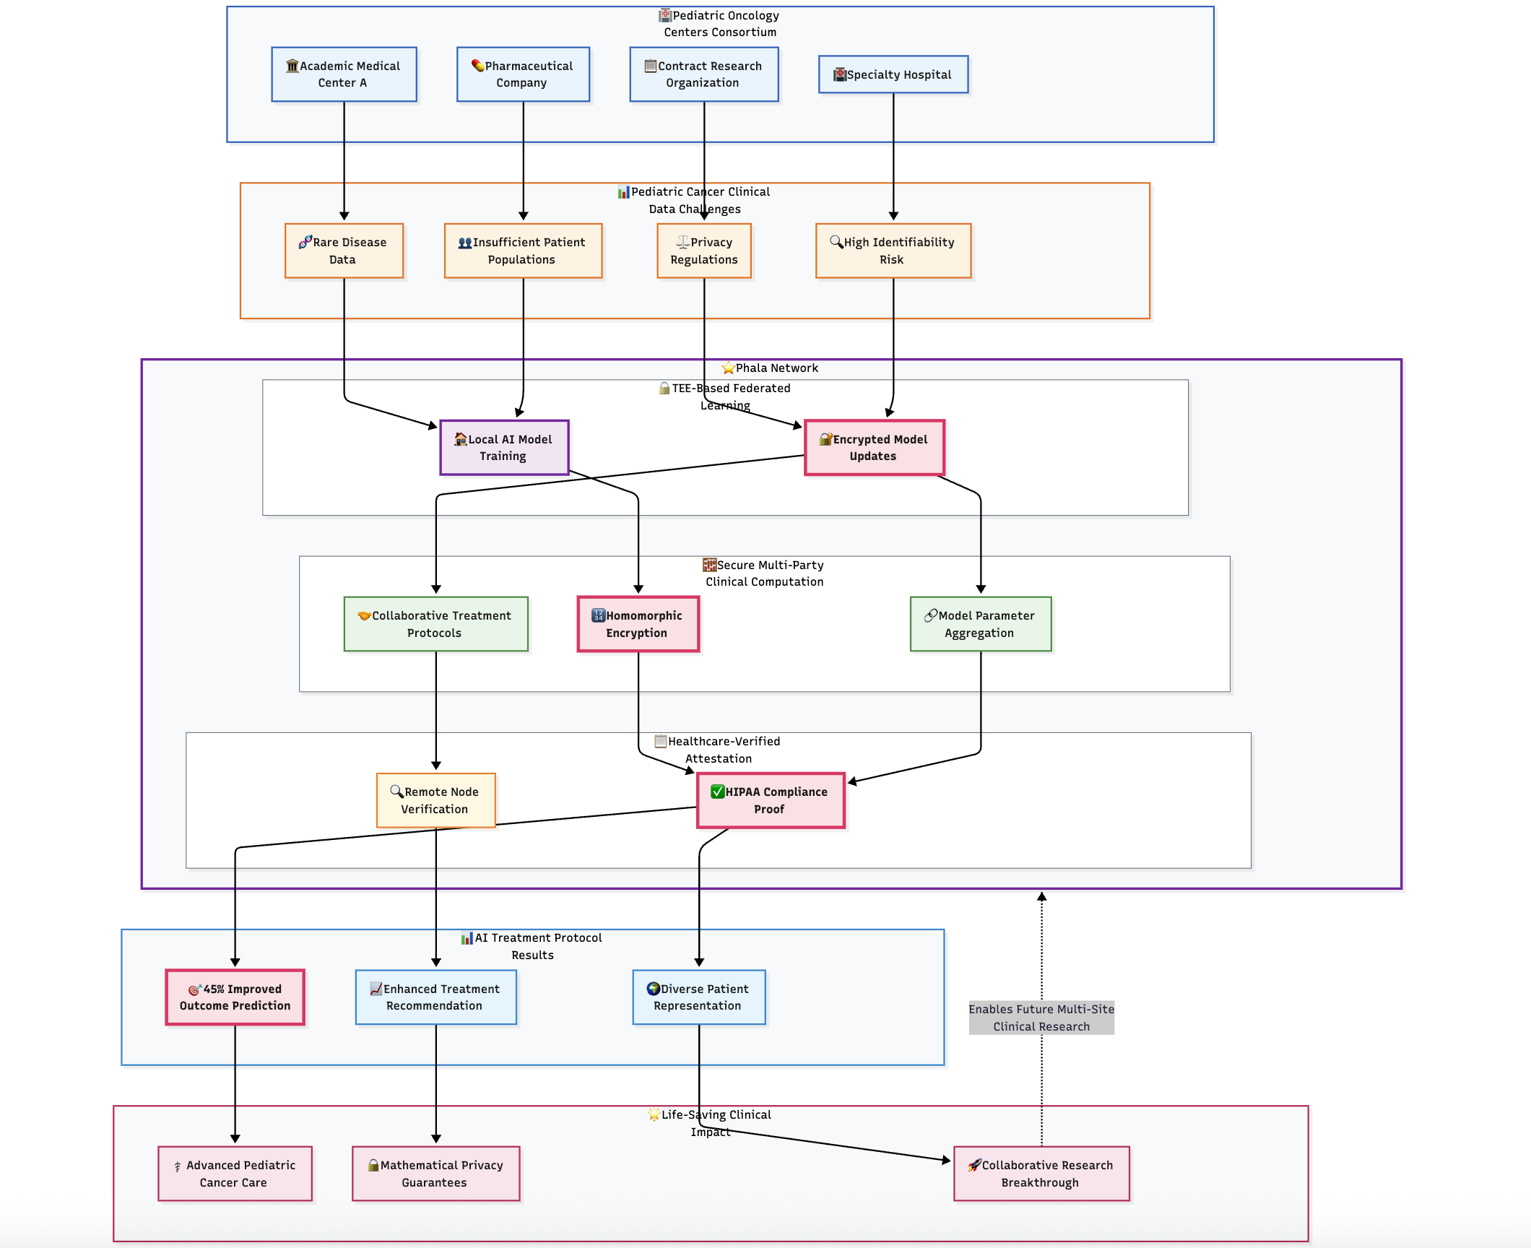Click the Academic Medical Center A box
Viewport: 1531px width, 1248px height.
click(344, 74)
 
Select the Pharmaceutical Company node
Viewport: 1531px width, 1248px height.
click(523, 74)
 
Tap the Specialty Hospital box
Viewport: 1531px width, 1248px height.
click(893, 74)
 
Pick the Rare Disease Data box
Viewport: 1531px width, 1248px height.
click(344, 251)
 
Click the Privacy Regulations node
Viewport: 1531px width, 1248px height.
click(704, 251)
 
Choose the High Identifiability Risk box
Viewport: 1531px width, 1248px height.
click(893, 251)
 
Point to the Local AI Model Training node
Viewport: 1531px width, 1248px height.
click(504, 448)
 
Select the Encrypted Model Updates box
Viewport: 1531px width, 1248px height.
click(875, 448)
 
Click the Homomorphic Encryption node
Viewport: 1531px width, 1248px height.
click(638, 624)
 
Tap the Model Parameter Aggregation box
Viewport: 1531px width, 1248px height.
click(981, 624)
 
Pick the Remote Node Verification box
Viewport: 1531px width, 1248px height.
click(436, 800)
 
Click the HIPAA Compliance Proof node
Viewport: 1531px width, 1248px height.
click(771, 800)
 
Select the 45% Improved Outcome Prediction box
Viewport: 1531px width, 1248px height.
click(235, 997)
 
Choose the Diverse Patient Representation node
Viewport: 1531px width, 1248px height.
click(699, 997)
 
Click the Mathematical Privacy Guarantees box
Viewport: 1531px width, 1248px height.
click(436, 1174)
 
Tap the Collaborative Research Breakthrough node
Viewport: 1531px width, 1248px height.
click(1041, 1174)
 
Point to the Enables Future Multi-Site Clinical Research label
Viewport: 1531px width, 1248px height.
click(1041, 1018)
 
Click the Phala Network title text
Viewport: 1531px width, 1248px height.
click(777, 368)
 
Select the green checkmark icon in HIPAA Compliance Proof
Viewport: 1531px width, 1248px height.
click(717, 792)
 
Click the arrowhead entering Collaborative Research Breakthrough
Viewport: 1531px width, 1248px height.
click(947, 1160)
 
